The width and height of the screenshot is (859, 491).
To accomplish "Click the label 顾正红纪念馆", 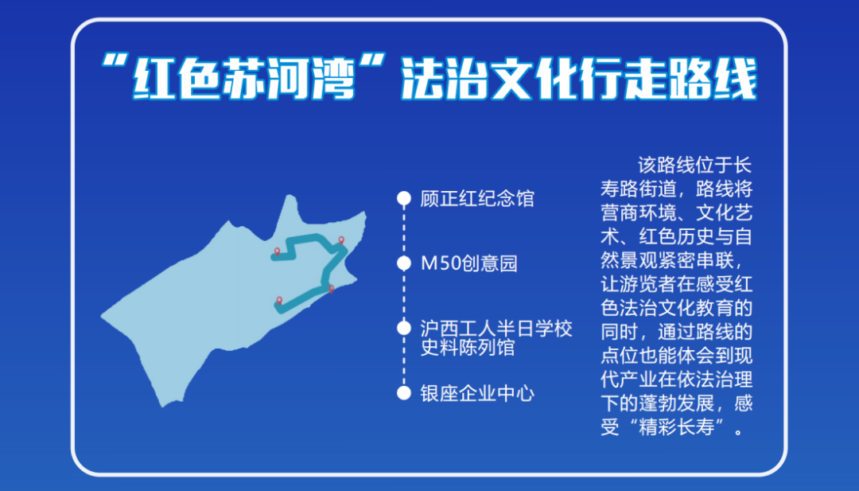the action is coord(477,198).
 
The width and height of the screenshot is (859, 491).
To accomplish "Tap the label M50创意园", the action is coord(469,263).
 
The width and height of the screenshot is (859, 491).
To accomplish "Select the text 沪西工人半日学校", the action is coord(496,328).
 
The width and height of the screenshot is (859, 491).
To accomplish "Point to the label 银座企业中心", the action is coord(477,393).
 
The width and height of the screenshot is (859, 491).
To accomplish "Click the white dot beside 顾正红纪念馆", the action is coord(404,198).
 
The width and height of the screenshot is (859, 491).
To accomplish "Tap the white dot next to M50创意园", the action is coord(404,263).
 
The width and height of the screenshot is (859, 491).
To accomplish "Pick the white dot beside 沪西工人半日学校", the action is coord(404,328).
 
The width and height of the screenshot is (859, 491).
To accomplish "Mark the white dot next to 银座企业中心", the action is coord(404,393).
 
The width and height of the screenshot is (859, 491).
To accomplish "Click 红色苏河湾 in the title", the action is coord(244,78).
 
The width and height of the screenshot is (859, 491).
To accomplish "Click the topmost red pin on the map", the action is coord(341,240).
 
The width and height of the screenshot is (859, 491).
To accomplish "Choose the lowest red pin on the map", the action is coord(279,301).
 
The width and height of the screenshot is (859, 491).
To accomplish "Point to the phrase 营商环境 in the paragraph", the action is coord(638,212).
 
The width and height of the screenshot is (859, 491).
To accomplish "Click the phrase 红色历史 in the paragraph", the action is coord(677,236).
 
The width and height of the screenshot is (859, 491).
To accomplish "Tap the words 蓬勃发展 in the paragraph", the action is coord(677,403).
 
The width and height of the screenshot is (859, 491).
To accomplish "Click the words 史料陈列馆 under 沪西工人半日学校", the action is coord(468,348).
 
